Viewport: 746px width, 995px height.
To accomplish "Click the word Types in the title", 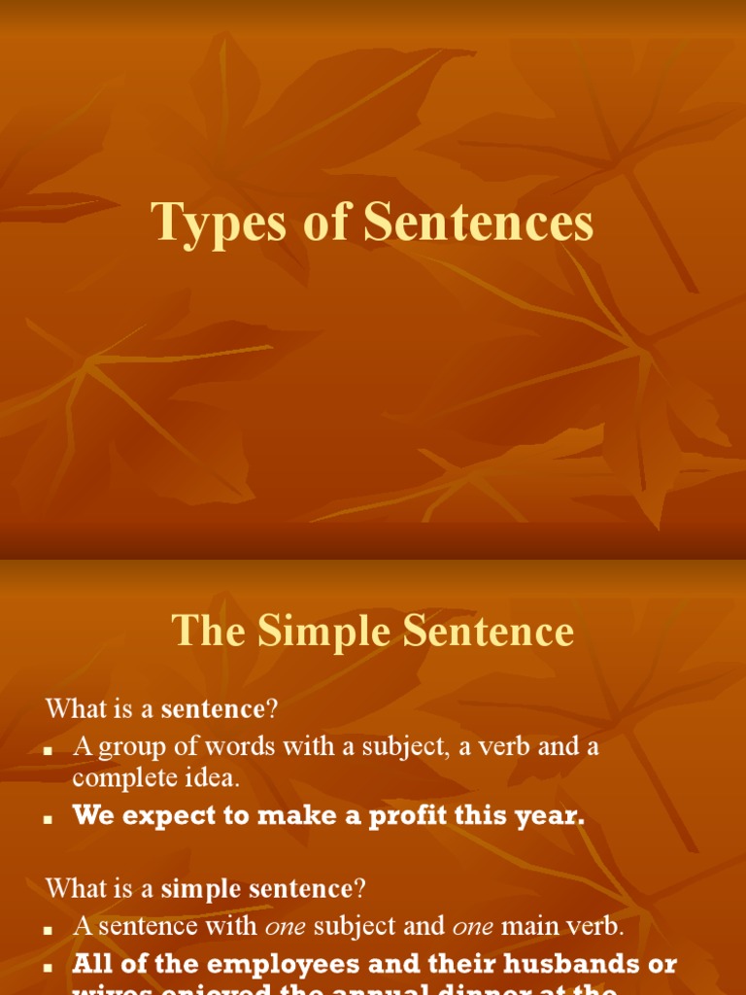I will coord(208,223).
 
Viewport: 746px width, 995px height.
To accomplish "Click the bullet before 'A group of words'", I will coord(47,750).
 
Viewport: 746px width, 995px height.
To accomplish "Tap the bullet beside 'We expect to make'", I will coord(47,819).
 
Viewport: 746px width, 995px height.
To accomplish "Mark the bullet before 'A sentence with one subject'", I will coord(47,930).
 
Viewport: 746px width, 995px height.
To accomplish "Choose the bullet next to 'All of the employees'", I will coord(47,968).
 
